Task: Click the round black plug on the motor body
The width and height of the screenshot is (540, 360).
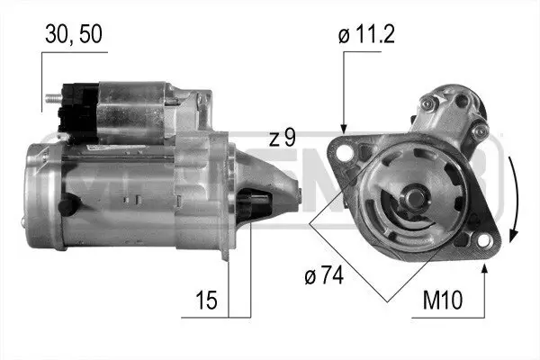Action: click(65, 207)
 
